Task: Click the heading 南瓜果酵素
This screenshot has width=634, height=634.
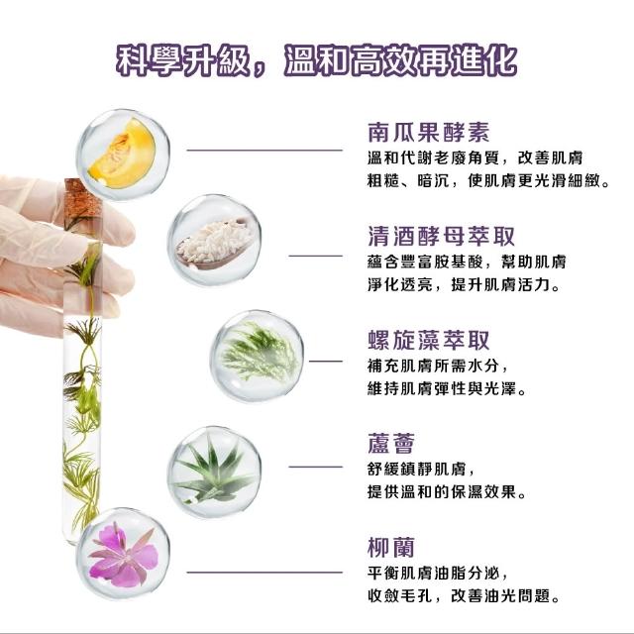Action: [429, 132]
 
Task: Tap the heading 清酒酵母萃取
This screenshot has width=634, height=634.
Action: [441, 236]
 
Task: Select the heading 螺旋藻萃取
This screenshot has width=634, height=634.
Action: [429, 340]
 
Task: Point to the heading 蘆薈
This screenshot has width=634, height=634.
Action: [391, 444]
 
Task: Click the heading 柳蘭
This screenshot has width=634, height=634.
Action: [391, 548]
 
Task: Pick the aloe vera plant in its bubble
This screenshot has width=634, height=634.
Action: [214, 469]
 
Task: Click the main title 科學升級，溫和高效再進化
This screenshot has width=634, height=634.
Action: [317, 61]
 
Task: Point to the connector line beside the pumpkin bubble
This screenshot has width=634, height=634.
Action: [264, 151]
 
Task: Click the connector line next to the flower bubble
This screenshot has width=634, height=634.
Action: [264, 573]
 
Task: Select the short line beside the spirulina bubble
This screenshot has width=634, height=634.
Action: [326, 361]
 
